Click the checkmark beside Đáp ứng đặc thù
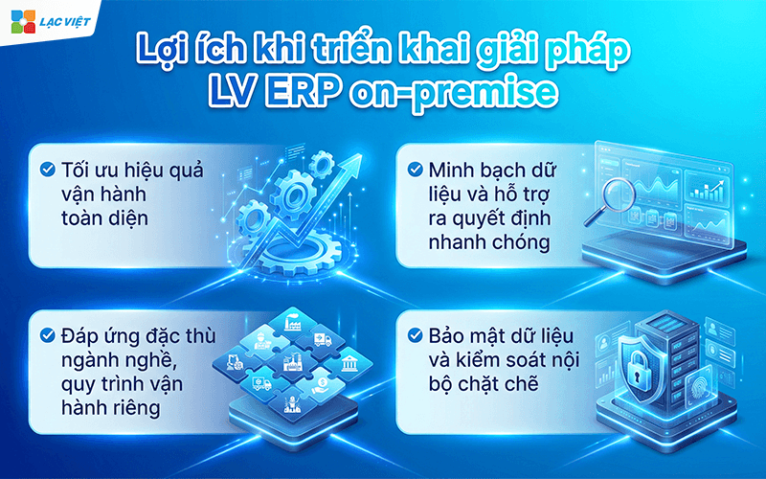click(x=47, y=336)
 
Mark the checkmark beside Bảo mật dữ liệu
click(x=415, y=336)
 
